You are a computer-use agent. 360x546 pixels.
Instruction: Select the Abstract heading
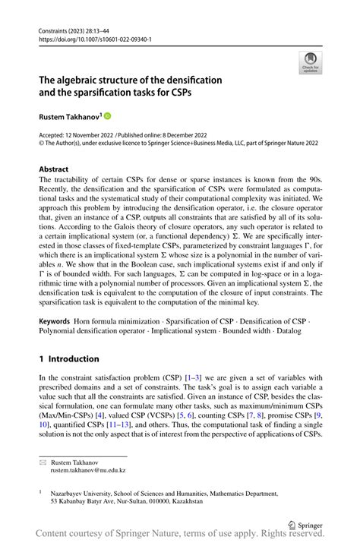coord(56,169)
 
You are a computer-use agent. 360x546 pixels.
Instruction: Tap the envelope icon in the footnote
coord(43,462)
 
